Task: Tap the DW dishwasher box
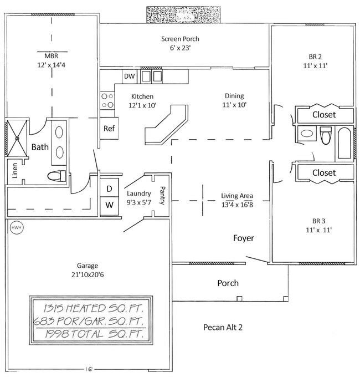pyautogui.click(x=130, y=76)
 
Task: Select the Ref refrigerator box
pyautogui.click(x=109, y=128)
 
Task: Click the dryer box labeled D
pyautogui.click(x=109, y=188)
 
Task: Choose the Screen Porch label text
pyautogui.click(x=180, y=39)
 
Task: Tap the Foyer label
pyautogui.click(x=243, y=238)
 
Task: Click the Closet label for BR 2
pyautogui.click(x=324, y=115)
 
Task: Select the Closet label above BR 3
pyautogui.click(x=324, y=173)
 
